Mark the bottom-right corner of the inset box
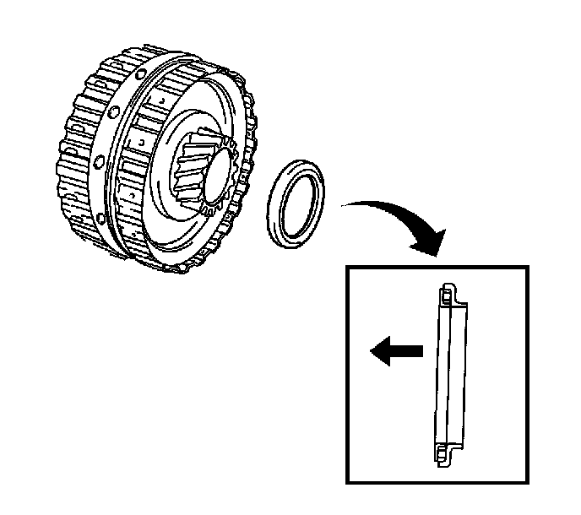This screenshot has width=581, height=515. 527,483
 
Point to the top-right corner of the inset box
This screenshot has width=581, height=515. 527,268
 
